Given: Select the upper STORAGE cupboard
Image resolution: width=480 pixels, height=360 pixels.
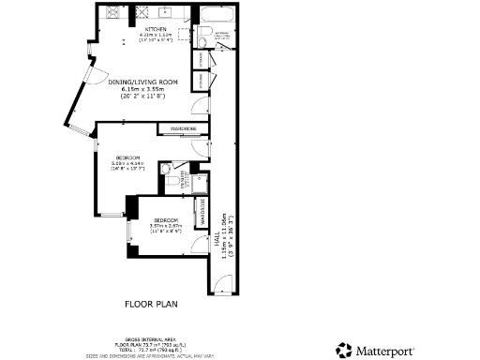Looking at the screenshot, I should tap(199, 58).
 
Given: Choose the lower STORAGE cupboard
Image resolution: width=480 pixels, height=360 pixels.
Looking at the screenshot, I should tap(199, 82).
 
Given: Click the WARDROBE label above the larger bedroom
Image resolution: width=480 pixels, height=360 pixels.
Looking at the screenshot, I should tap(183, 128).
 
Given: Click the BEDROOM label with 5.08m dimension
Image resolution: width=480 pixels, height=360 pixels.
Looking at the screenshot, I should tap(128, 156).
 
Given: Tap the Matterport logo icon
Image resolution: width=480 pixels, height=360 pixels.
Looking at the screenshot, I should tap(343, 350).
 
